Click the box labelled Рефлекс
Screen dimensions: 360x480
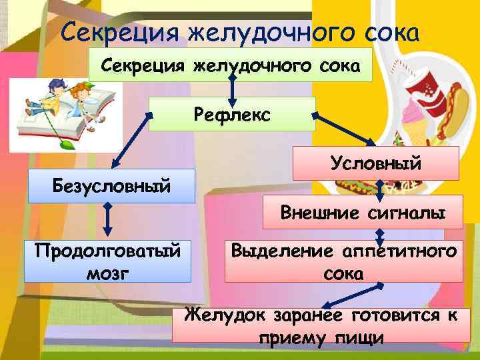(231, 114)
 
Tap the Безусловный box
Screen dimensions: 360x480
(111, 185)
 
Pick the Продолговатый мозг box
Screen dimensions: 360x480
(107, 260)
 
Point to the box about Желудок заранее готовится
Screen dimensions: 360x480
(321, 325)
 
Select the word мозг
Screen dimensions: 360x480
(107, 273)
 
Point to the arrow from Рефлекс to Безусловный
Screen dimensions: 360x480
(132, 141)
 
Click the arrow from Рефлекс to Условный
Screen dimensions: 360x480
(344, 130)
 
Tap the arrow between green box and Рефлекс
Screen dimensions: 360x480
(231, 89)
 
